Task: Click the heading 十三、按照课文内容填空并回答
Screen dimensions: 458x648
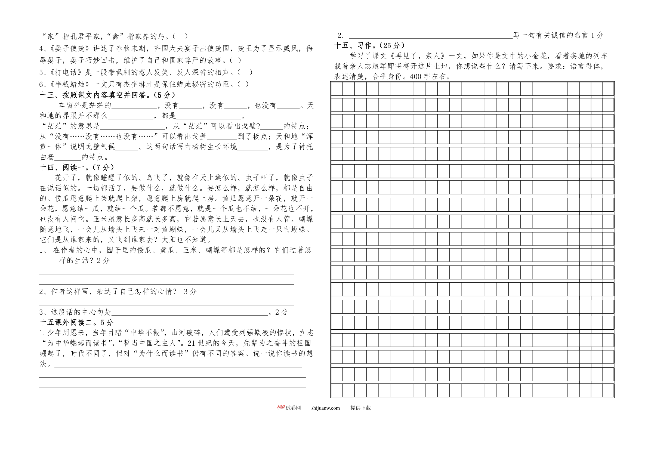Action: [x=107, y=95]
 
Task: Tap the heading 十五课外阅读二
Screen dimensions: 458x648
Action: [x=76, y=322]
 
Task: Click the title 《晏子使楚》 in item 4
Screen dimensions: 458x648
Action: [x=70, y=48]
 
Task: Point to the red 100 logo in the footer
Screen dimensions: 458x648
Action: [x=281, y=407]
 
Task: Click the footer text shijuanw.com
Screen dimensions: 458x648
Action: [x=325, y=408]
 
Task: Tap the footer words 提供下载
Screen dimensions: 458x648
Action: [x=360, y=408]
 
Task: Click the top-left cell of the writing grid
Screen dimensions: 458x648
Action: [x=337, y=89]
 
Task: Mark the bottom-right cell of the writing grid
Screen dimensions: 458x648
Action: [x=608, y=390]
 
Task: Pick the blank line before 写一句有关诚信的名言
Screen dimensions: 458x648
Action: [x=430, y=36]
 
